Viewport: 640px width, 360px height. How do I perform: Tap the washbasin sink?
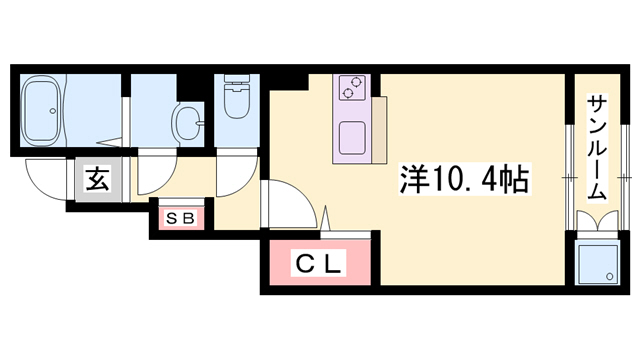pyautogui.click(x=186, y=124)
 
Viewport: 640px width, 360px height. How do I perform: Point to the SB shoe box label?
pyautogui.click(x=180, y=218)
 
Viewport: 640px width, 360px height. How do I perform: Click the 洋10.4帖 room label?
pyautogui.click(x=466, y=180)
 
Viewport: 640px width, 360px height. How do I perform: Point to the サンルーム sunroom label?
pyautogui.click(x=598, y=150)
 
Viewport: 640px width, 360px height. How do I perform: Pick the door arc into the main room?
pyautogui.click(x=288, y=205)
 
